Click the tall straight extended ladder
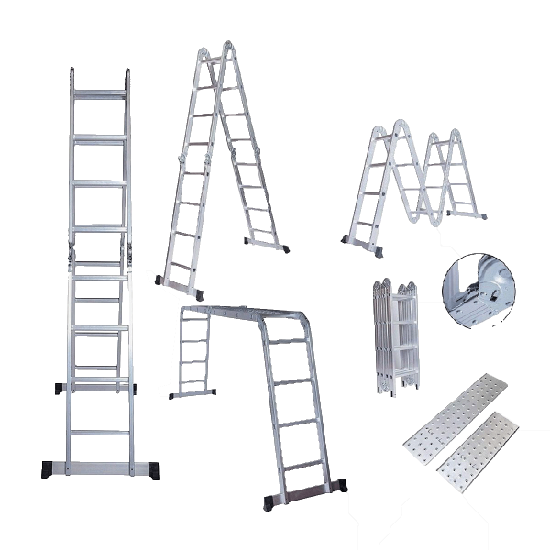pos(100,275)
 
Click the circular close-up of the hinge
pos(478,291)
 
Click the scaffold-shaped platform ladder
pos(266,385)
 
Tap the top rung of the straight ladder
pos(100,92)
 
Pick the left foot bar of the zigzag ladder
pos(361,242)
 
